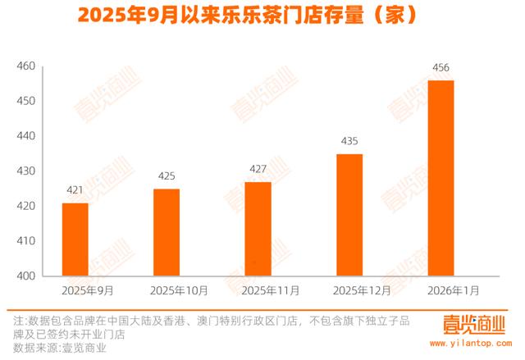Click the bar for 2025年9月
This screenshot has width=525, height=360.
[x=75, y=239]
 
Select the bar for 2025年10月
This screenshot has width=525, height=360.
[x=166, y=232]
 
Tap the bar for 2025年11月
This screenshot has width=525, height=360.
[x=258, y=229]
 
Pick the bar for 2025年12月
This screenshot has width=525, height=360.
[x=349, y=215]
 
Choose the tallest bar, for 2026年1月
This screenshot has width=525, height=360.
[x=441, y=178]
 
